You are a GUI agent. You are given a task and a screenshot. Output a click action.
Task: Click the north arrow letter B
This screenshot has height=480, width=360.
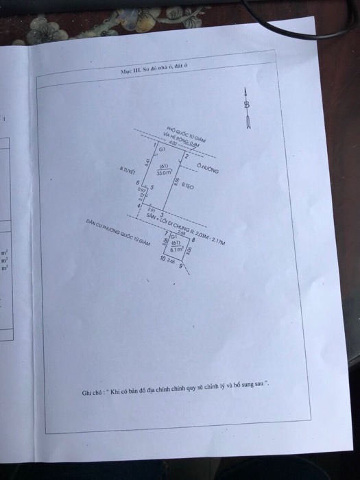tap(247, 105)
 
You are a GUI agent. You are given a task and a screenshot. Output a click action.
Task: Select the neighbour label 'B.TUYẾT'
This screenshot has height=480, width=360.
tap(128, 168)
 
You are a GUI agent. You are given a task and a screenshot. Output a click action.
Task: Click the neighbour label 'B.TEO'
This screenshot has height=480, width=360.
tap(188, 186)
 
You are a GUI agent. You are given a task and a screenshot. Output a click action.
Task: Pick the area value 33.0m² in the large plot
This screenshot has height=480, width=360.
tap(163, 173)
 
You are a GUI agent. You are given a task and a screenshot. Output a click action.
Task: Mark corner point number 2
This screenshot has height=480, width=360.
tap(187, 157)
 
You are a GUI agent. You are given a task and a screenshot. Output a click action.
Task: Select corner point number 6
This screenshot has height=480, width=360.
tap(138, 182)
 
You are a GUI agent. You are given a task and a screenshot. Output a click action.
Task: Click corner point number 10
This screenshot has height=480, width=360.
tap(163, 259)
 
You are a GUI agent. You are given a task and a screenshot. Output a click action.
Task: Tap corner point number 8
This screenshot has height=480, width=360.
tap(193, 240)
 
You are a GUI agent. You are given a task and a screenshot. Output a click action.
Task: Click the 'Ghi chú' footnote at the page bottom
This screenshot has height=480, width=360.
tap(176, 392)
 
